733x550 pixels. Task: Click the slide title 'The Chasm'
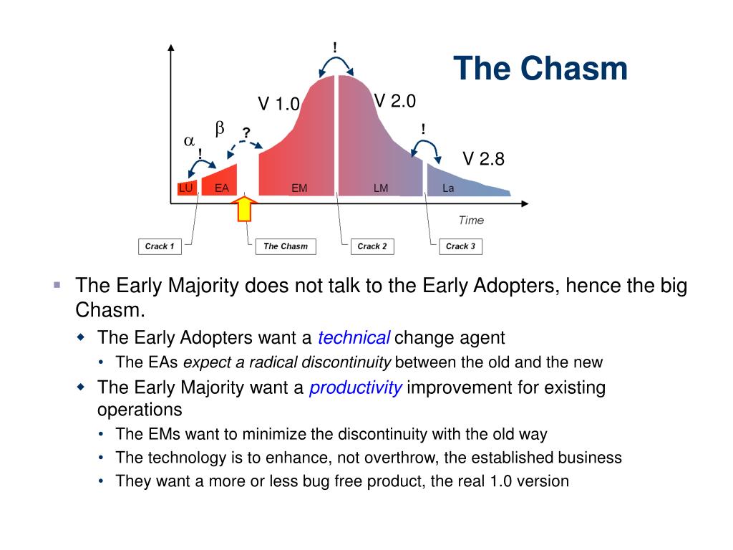click(x=540, y=68)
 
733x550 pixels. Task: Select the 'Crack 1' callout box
click(x=160, y=246)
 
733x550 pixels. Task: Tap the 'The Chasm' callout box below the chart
click(x=286, y=246)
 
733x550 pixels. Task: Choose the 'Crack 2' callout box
click(x=372, y=246)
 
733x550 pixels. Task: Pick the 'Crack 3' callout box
click(x=460, y=246)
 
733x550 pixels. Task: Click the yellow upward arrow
click(x=245, y=208)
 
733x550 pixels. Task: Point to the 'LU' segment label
click(x=185, y=188)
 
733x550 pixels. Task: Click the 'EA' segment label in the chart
click(x=222, y=188)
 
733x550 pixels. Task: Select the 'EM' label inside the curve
click(x=299, y=188)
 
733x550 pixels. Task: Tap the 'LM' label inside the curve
click(x=381, y=188)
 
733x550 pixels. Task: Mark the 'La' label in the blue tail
click(x=448, y=188)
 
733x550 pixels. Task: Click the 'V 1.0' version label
click(x=278, y=103)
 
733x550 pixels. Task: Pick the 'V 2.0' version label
click(x=395, y=100)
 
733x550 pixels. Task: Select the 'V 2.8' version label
click(x=484, y=159)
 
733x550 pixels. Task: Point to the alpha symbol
click(x=189, y=141)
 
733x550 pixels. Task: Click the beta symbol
click(x=220, y=127)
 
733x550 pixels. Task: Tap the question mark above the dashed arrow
click(x=246, y=132)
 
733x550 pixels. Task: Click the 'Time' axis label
click(x=471, y=221)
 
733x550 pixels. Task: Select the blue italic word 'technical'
click(x=354, y=338)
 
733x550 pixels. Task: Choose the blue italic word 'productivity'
click(x=356, y=387)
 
